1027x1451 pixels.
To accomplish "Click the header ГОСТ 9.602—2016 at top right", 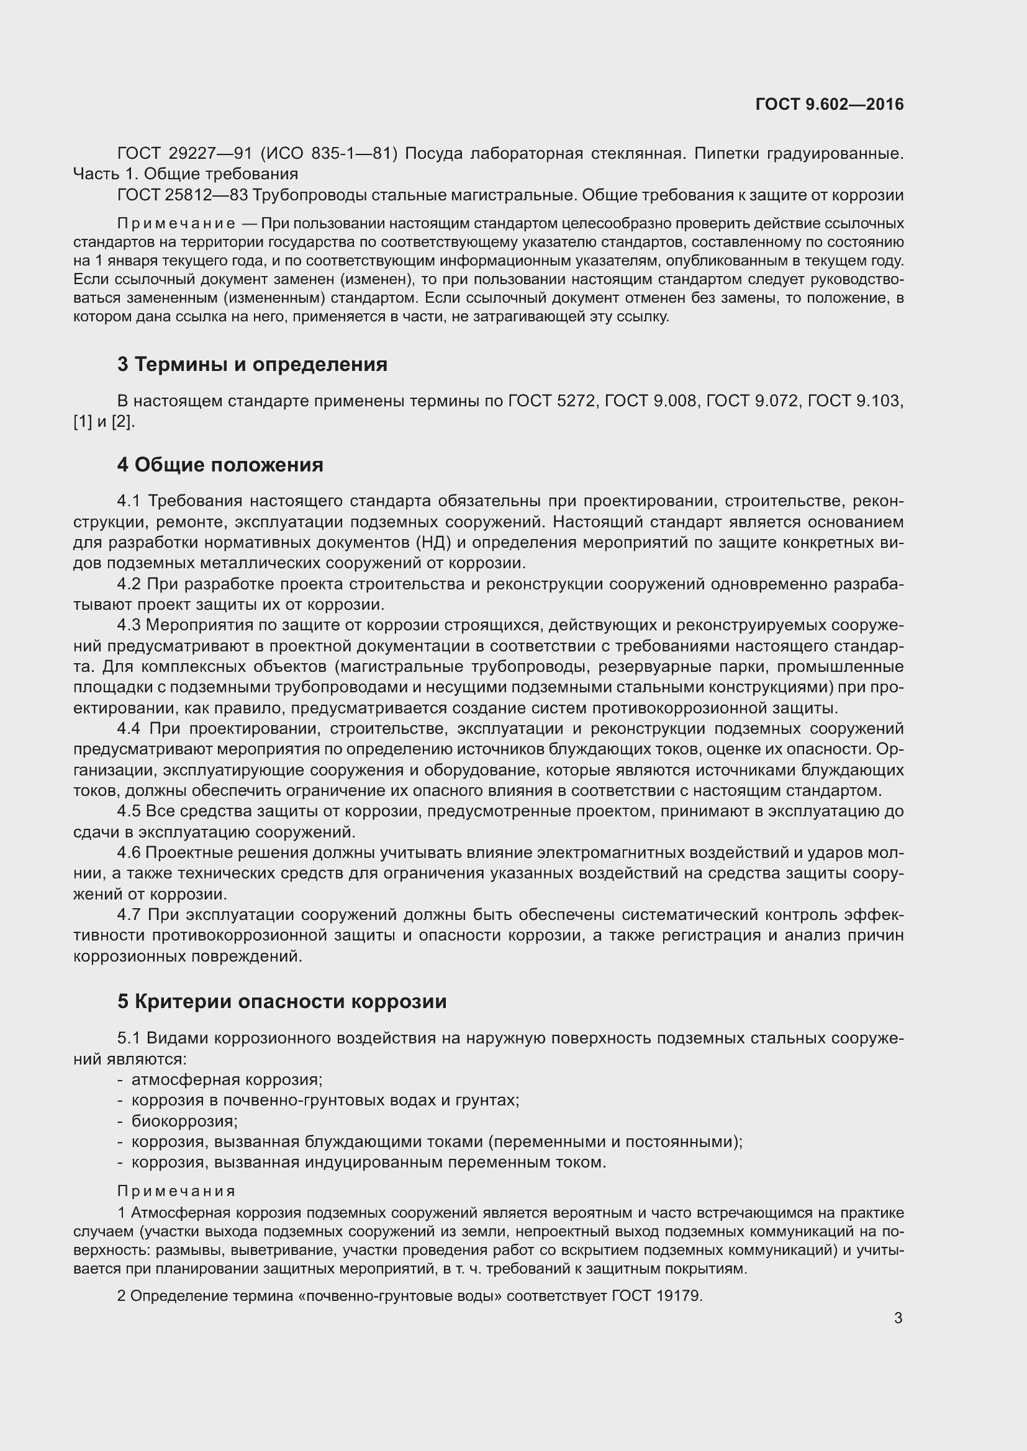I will (829, 104).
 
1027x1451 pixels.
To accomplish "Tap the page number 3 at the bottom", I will (898, 1318).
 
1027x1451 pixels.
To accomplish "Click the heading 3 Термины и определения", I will (251, 365).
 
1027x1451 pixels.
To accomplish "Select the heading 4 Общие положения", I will (219, 465).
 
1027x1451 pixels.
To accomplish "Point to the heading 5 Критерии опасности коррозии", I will (281, 1001).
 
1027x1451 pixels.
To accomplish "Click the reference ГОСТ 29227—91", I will (184, 154).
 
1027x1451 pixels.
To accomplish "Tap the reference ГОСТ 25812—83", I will (182, 195).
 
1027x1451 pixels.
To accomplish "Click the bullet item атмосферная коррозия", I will (227, 1080).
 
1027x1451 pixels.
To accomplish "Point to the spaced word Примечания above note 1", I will (176, 1191).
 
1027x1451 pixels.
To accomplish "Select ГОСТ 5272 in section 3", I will (552, 401).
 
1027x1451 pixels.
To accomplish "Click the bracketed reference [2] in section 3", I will (123, 421).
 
